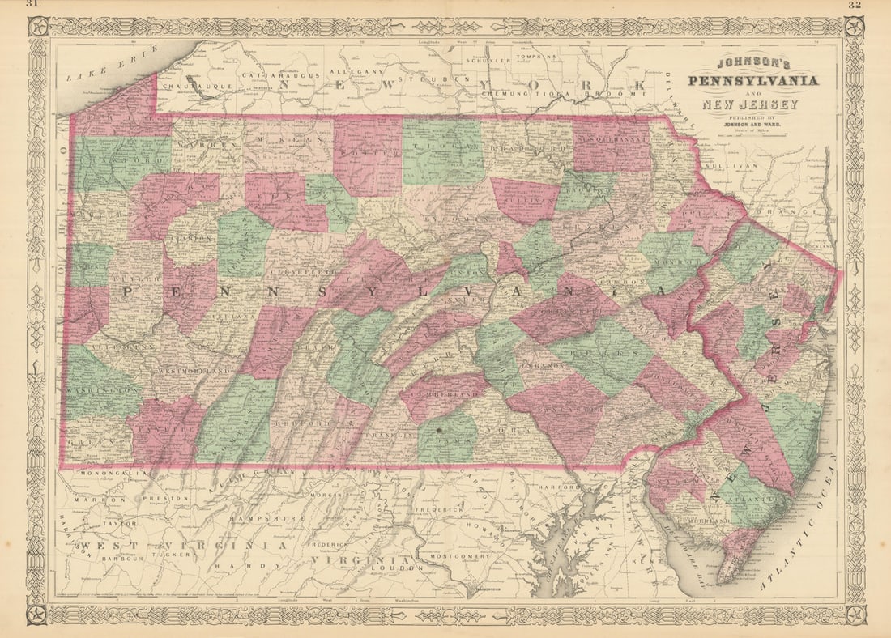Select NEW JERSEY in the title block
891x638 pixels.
(750, 104)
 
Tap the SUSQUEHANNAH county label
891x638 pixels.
(612, 138)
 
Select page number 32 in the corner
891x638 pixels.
(854, 5)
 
